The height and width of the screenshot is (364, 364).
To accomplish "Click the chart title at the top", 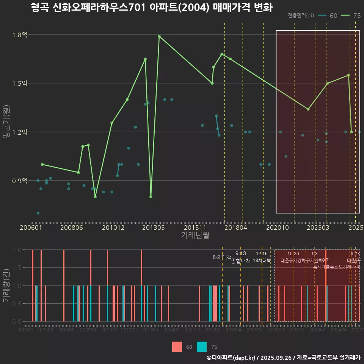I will pyautogui.click(x=152, y=8).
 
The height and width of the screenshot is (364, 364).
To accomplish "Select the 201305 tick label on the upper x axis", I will pyautogui.click(x=153, y=228).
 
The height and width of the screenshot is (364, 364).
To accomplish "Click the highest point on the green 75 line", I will pyautogui.click(x=159, y=36).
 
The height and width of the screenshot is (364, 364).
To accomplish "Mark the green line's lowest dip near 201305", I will pyautogui.click(x=151, y=197).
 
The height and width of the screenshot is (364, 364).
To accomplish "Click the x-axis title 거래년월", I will pyautogui.click(x=195, y=235).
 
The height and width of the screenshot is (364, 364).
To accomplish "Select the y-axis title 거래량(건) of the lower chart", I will pyautogui.click(x=6, y=286).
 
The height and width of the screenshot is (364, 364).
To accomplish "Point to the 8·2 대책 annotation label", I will pyautogui.click(x=222, y=257).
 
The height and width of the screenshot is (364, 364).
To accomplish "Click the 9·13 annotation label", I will pyautogui.click(x=241, y=253).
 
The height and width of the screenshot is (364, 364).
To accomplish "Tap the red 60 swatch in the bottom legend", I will pyautogui.click(x=177, y=347).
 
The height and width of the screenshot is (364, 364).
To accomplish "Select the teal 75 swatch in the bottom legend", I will pyautogui.click(x=202, y=347).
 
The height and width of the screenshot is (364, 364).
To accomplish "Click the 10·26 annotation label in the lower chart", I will pyautogui.click(x=293, y=253).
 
